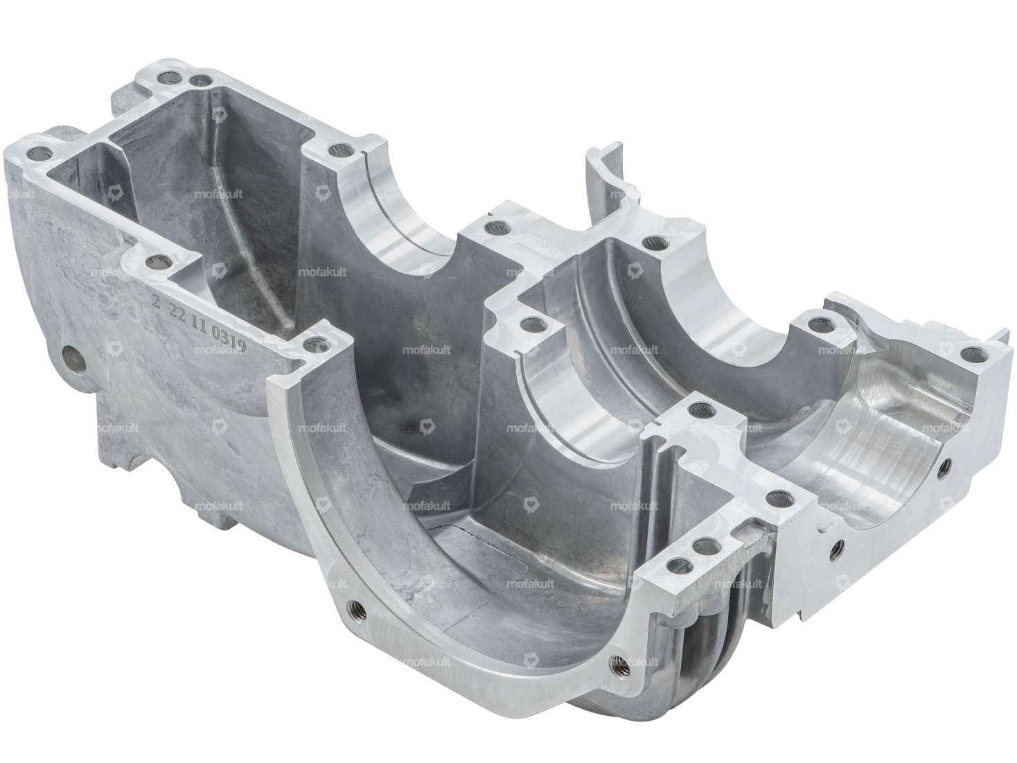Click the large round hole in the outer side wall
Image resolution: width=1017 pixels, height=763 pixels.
[73, 356]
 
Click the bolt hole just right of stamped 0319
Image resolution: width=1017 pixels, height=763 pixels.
[317, 341]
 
